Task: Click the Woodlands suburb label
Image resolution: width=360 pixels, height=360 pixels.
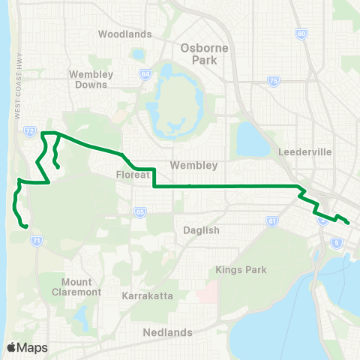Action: click(x=124, y=34)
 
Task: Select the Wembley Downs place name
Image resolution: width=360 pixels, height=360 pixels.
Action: click(x=91, y=79)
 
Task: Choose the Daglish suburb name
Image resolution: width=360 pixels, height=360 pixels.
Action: click(x=202, y=230)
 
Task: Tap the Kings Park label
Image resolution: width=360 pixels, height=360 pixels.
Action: click(x=235, y=269)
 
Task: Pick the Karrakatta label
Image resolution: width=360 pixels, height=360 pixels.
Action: click(x=148, y=296)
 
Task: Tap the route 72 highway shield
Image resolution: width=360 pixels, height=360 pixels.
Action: click(x=29, y=130)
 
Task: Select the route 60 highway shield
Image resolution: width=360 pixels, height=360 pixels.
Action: click(x=301, y=34)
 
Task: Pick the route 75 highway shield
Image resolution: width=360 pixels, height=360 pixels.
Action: click(x=274, y=81)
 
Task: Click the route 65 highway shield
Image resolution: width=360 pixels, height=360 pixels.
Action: click(x=140, y=212)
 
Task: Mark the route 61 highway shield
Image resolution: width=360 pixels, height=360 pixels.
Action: click(x=271, y=221)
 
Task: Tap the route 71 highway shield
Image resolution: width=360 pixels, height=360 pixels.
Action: click(x=36, y=240)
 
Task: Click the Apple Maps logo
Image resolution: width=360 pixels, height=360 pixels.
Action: click(x=26, y=346)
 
